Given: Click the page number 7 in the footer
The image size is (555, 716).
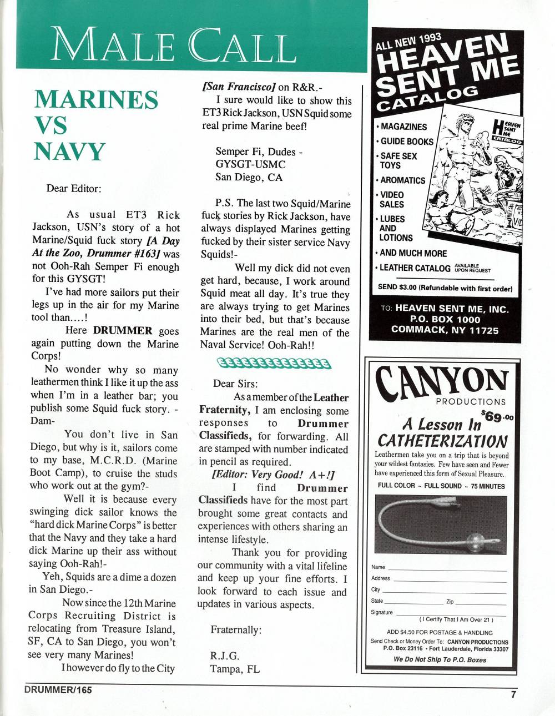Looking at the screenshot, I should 513,694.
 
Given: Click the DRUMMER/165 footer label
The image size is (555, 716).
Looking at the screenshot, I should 58,690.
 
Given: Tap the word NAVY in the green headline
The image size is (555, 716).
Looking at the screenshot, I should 69,152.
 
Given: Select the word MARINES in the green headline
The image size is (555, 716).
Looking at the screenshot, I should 96,100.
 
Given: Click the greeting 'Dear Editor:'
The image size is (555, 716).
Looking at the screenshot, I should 74,188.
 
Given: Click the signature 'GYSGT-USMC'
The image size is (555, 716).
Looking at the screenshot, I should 250,164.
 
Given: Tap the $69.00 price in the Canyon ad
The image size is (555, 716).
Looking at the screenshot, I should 497,416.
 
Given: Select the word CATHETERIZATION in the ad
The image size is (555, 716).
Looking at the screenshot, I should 442,441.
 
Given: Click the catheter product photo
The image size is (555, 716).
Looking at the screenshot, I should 441,525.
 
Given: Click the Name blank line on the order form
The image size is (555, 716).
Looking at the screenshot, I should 447,567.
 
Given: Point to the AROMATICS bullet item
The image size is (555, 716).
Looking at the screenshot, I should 402,180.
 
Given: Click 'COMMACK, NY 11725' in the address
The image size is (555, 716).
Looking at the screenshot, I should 445,330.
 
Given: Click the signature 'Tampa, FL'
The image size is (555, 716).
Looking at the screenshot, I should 235,669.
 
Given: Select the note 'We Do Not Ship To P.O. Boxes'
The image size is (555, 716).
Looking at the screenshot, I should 440,660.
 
